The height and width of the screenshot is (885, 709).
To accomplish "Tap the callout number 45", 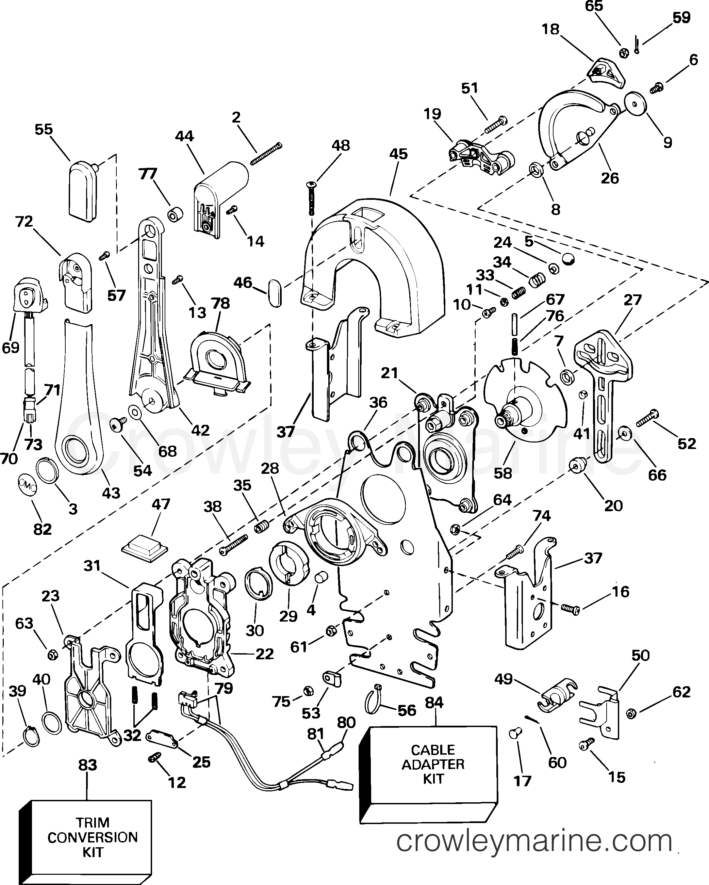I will tap(398, 154).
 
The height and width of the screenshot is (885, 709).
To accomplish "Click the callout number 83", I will tap(87, 765).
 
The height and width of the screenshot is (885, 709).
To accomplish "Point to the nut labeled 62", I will tap(631, 714).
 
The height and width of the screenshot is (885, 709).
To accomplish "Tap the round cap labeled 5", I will tap(567, 259).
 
